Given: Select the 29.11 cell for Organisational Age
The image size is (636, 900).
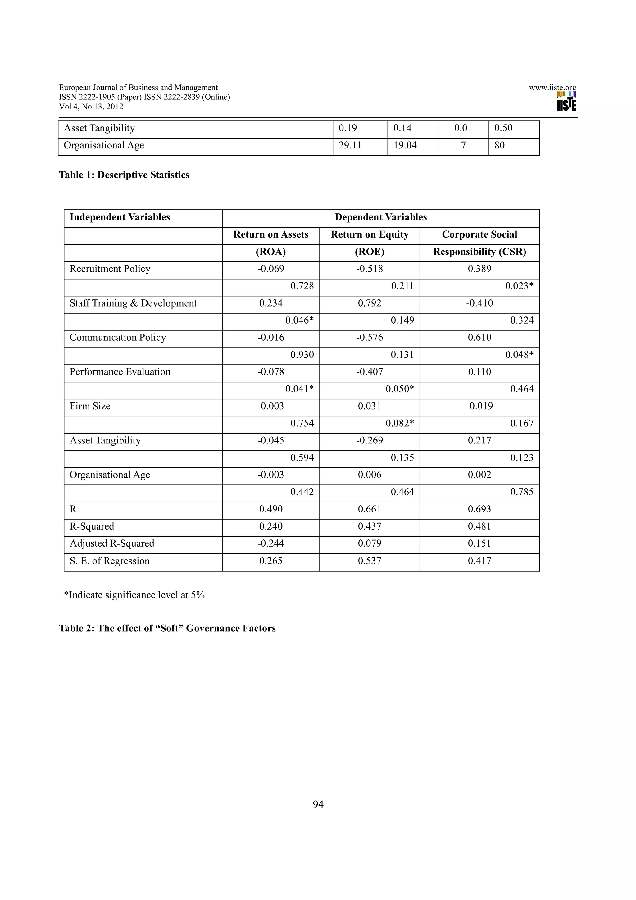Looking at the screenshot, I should [350, 145].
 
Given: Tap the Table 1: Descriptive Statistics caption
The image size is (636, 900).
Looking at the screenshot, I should [124, 175].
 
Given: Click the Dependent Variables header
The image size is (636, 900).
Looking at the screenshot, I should [380, 217].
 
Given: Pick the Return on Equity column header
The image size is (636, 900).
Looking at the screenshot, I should [370, 234].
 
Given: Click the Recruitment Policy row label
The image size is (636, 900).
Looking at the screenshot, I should [110, 269].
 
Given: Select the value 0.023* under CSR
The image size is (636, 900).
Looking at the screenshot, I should [519, 286].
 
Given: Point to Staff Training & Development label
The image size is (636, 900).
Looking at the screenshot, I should [133, 303].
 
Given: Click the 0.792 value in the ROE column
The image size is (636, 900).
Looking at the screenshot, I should [370, 303].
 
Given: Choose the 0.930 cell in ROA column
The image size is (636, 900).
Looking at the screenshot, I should [302, 355].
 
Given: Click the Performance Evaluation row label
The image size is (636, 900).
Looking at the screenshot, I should [120, 372].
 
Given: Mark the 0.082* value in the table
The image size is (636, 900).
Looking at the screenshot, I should [400, 423].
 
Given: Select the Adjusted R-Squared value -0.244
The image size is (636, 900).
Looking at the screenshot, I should [271, 543].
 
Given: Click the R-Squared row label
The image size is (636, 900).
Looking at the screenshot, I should [92, 526].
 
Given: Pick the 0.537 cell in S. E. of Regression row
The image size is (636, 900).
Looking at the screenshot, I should [370, 561].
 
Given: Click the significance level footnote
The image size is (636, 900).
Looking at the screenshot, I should [134, 595].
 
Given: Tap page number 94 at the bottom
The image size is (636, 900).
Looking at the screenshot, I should [318, 804].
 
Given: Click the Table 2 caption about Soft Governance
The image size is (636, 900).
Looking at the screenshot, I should [167, 628].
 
